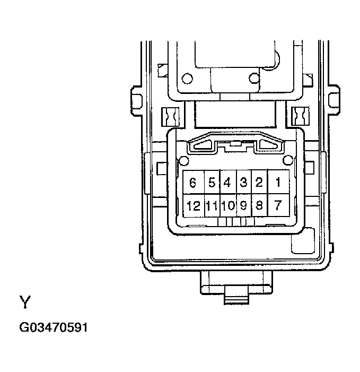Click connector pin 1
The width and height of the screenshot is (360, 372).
tap(278, 183)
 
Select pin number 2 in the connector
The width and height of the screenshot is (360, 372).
tap(259, 183)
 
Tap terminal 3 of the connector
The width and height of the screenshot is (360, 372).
tap(243, 183)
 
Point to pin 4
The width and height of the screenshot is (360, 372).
tap(227, 183)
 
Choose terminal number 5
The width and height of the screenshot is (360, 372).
tap(212, 183)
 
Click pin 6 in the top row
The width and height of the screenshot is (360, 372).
tap(192, 183)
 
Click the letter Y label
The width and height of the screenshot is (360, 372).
tap(25, 302)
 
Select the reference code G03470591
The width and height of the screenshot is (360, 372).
tap(53, 327)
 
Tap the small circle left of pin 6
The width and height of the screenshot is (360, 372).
tap(183, 161)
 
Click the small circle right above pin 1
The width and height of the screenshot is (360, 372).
tap(288, 160)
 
